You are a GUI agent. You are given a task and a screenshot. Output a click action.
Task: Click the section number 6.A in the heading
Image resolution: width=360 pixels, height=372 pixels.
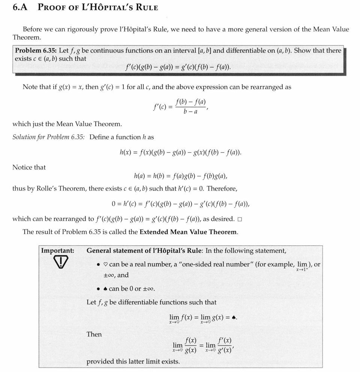coord(20,7)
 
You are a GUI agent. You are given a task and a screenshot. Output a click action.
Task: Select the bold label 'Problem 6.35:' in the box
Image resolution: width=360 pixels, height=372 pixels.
coord(36,51)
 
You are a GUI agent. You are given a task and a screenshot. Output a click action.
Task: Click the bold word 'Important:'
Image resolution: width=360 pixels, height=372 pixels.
coord(57,251)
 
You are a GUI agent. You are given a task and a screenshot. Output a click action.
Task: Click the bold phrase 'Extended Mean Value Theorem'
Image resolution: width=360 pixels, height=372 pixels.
coord(188,232)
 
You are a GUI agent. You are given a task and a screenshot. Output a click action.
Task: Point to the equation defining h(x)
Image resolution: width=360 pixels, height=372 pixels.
coord(180,152)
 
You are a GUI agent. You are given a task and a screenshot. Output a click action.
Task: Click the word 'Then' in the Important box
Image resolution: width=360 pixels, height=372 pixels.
coord(94,334)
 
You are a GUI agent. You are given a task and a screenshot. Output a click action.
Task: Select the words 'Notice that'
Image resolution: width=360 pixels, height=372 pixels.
coord(29,167)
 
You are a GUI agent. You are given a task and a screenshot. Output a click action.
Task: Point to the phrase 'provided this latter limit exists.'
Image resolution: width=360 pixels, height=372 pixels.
coord(133,362)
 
